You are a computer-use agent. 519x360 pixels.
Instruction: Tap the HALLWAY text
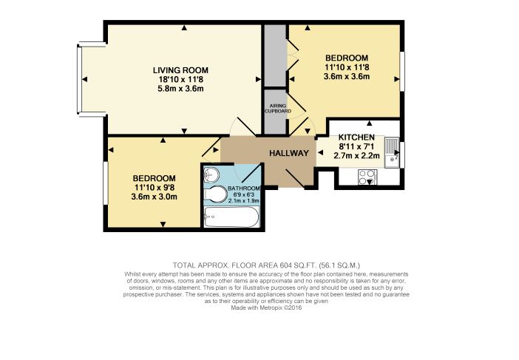pos(288,154)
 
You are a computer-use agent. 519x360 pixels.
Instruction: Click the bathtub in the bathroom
pos(231,218)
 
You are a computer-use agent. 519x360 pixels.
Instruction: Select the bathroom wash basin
pos(211,174)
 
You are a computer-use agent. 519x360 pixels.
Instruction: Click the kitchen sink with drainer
pos(391,149)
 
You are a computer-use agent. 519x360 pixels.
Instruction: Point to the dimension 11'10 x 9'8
pos(154,189)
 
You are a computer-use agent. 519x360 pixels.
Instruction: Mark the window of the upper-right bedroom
pos(403,72)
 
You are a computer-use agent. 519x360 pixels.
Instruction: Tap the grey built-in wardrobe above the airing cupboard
pos(276,58)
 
